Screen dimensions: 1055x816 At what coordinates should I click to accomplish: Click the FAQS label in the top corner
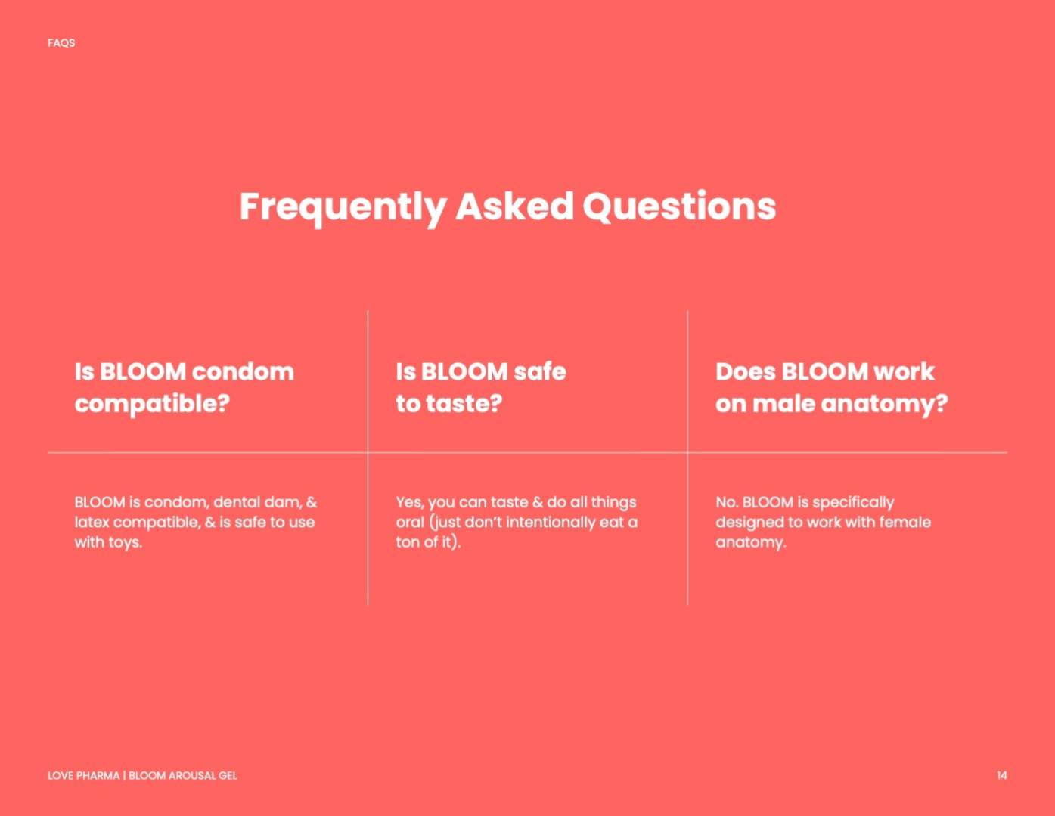point(61,43)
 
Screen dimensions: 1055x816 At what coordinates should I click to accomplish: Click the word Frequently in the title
point(343,208)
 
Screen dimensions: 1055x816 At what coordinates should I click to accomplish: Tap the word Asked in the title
point(514,206)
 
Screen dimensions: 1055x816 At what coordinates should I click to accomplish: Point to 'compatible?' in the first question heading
point(152,405)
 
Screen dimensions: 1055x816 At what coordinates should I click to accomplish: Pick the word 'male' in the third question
point(783,404)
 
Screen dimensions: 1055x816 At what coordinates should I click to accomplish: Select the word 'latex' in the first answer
point(92,523)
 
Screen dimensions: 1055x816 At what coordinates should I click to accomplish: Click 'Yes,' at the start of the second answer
point(410,502)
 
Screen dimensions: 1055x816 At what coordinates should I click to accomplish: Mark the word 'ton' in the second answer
point(407,543)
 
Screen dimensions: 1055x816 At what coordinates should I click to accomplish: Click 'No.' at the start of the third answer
point(727,502)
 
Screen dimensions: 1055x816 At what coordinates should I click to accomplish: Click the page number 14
point(1001,776)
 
